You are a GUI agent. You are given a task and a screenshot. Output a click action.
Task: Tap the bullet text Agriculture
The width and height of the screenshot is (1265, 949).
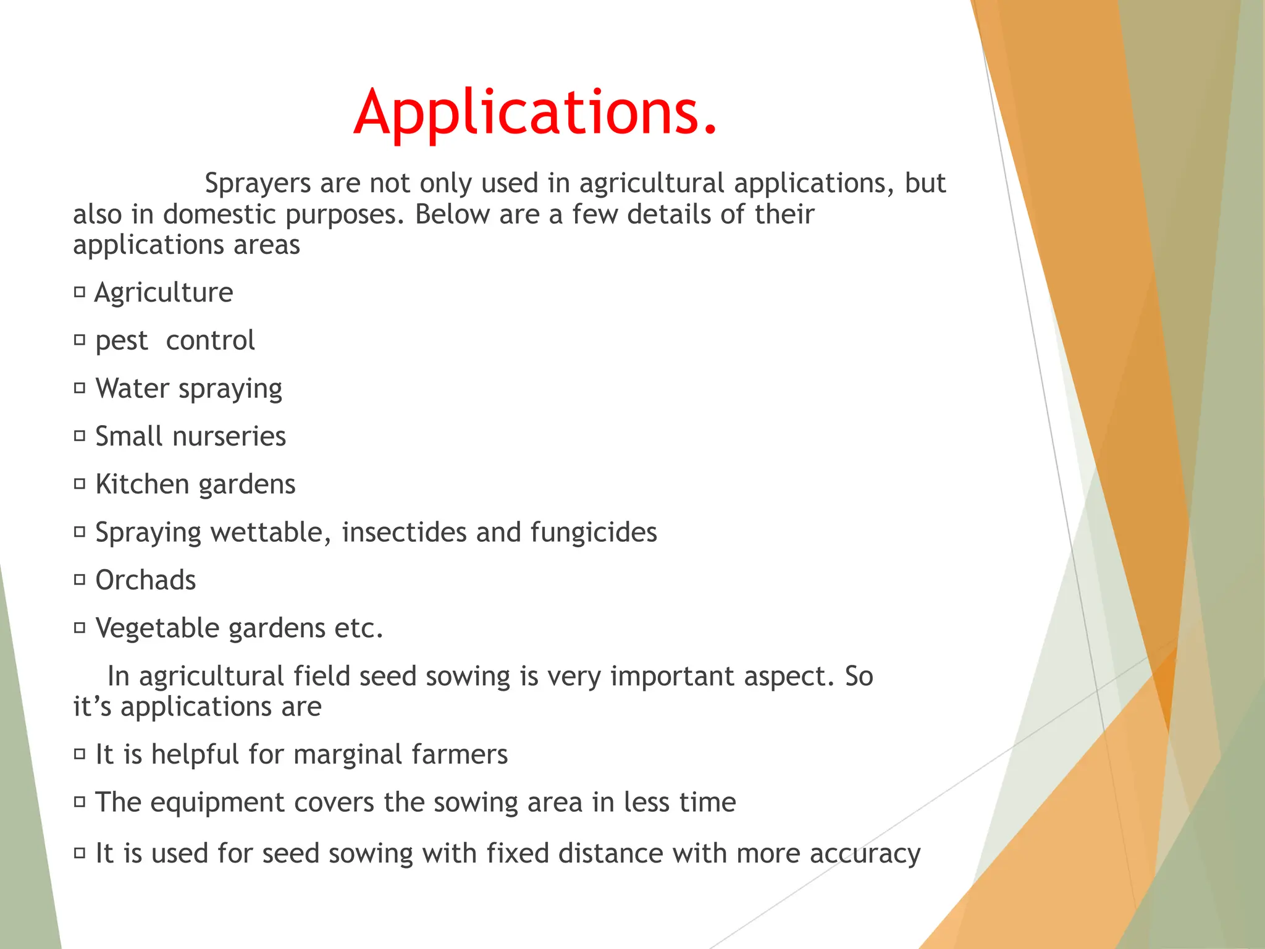click(x=164, y=293)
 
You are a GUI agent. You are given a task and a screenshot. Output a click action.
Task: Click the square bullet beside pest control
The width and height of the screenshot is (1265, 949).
click(x=79, y=339)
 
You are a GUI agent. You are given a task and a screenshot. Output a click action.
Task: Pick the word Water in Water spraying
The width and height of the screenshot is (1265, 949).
click(x=132, y=389)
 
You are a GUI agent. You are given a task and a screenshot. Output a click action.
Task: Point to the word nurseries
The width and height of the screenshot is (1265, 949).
click(x=229, y=437)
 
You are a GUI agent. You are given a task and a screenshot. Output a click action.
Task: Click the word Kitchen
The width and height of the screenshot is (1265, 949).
click(x=142, y=484)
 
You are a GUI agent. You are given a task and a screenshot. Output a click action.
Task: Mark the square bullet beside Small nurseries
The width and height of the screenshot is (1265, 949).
click(x=79, y=436)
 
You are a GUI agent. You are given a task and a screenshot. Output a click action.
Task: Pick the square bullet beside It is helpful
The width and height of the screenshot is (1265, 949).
click(x=79, y=754)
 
